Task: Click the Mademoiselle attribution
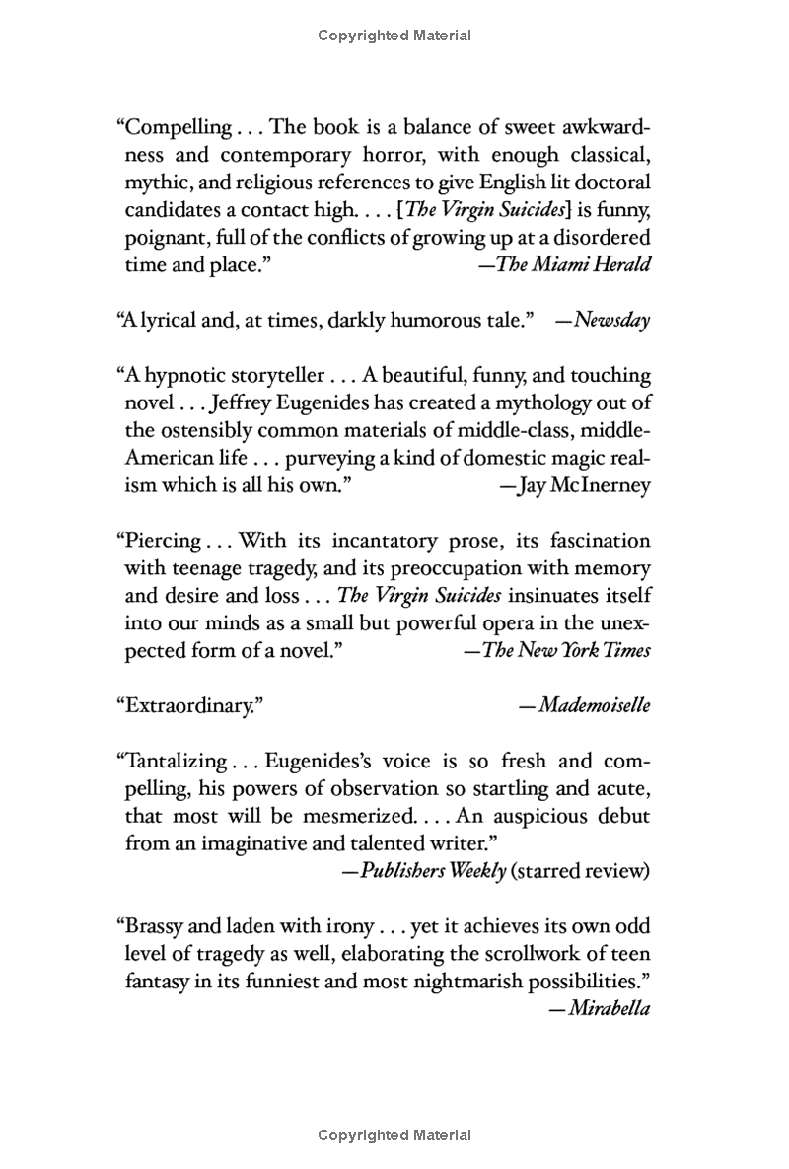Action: click(x=591, y=706)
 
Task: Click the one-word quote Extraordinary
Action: click(x=191, y=706)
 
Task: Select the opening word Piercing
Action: click(x=159, y=541)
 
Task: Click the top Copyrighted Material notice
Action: click(x=394, y=36)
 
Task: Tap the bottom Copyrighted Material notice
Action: click(x=394, y=1135)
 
